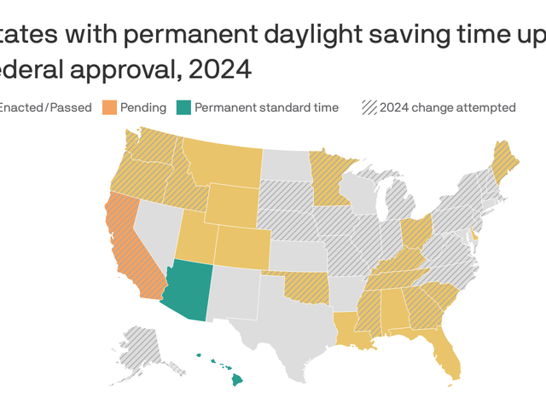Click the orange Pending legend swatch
[x=110, y=107]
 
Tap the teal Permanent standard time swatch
[x=183, y=107]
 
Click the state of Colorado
[x=241, y=247]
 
